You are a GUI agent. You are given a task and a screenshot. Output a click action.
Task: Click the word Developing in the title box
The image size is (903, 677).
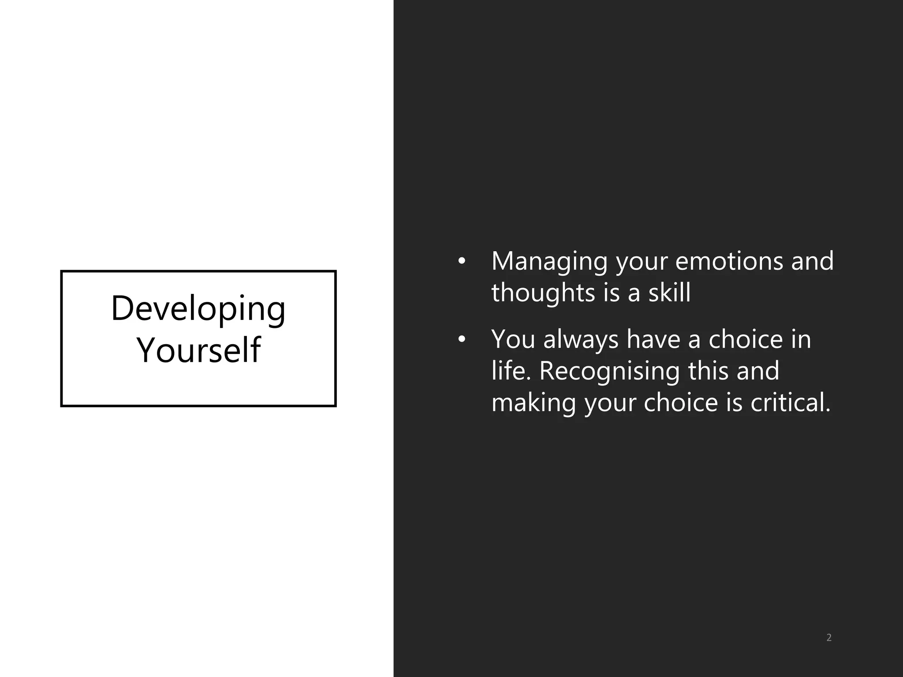click(x=198, y=309)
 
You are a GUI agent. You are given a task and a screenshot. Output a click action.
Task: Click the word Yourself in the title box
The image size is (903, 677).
click(x=199, y=350)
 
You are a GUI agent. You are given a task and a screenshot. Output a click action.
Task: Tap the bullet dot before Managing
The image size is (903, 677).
click(x=461, y=261)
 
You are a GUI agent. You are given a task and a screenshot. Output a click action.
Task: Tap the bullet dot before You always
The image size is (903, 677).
click(x=461, y=339)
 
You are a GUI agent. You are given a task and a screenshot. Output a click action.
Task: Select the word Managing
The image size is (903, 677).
click(x=549, y=262)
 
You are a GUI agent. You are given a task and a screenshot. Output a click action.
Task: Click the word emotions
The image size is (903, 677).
click(x=729, y=261)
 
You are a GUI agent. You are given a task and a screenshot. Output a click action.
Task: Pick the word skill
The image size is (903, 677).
click(x=669, y=293)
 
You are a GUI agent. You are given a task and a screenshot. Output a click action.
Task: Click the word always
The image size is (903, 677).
click(x=581, y=340)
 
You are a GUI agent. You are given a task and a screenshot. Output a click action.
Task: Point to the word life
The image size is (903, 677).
click(x=508, y=371)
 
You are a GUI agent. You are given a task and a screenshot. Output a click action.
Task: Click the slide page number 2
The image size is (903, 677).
click(x=828, y=638)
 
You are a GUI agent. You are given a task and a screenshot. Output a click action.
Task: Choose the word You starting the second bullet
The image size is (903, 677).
click(x=513, y=339)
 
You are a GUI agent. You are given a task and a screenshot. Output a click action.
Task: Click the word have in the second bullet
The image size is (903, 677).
click(x=653, y=339)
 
